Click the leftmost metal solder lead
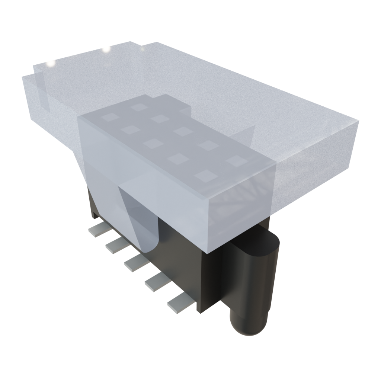pyautogui.click(x=96, y=229)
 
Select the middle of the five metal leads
pyautogui.click(x=135, y=263)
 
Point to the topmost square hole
pyautogui.click(x=139, y=107)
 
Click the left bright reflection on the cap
pyautogui.click(x=49, y=64)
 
